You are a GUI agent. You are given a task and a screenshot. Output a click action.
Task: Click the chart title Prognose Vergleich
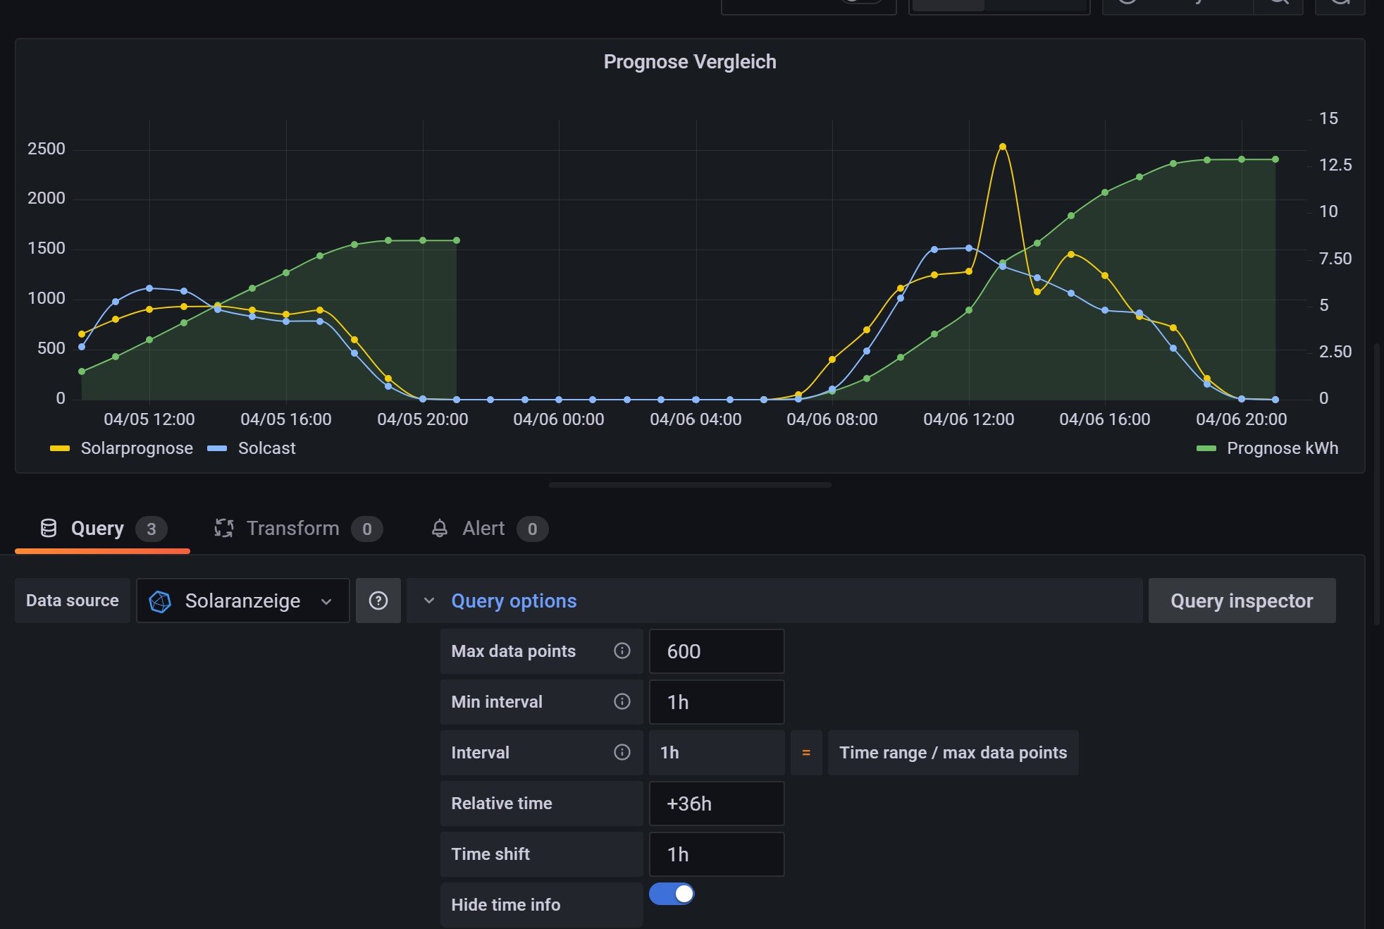(689, 62)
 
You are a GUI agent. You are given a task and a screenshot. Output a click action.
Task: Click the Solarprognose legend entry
(136, 448)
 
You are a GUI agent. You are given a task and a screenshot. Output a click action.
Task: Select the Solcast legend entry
(266, 448)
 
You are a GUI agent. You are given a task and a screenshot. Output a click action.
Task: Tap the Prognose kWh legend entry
(1282, 448)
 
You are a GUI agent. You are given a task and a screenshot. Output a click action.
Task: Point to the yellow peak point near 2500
(1003, 147)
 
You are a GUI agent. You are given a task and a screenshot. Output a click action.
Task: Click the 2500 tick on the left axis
(47, 149)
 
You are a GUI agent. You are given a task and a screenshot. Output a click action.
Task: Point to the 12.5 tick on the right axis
(1335, 165)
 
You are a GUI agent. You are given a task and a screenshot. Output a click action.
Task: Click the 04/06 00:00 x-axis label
(558, 419)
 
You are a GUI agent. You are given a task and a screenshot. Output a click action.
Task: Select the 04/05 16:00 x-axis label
(285, 419)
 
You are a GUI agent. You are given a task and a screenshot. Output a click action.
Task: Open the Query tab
(97, 529)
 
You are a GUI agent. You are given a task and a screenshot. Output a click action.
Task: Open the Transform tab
(292, 529)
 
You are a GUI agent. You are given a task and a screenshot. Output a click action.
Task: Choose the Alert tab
(483, 529)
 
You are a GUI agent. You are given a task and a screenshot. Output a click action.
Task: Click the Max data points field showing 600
(716, 651)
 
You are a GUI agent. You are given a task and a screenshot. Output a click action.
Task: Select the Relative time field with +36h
(716, 804)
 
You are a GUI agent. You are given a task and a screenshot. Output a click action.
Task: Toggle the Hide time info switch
(672, 894)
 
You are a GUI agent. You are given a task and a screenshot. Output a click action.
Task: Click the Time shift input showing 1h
(716, 854)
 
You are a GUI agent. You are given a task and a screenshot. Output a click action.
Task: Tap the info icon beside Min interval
(622, 701)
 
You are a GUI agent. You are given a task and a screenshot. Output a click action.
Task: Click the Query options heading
(514, 601)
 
